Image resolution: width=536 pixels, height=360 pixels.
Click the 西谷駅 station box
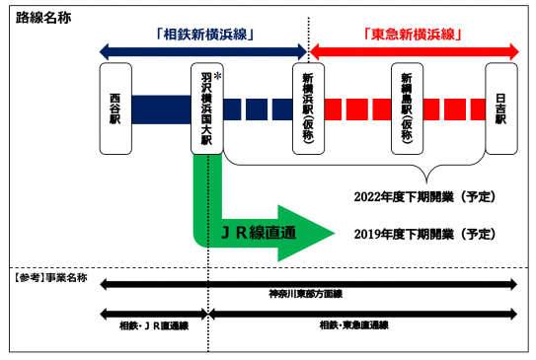pos(115,108)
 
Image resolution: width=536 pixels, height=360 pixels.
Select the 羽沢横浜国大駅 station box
pos(205,108)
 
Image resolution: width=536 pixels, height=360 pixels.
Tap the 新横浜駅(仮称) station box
pos(308,108)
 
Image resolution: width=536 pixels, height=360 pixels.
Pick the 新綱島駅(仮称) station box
pos(407,108)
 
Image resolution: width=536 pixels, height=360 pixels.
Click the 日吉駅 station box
pos(500,108)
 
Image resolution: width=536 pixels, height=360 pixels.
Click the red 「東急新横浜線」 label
pos(414,33)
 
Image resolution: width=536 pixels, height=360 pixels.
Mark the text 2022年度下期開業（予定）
pos(423,196)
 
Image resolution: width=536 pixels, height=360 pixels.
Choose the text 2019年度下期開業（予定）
pos(423,234)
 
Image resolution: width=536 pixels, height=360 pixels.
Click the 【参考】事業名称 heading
pos(50,279)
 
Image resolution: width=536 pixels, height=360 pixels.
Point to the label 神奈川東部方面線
pos(305,294)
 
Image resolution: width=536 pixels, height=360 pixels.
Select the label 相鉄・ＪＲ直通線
pos(153,324)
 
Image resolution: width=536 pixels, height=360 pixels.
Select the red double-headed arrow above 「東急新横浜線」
pos(414,49)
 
